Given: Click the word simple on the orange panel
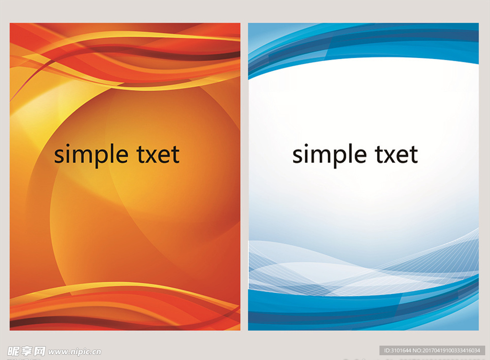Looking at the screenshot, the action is coord(91,155).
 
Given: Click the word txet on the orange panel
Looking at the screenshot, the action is coord(158,154).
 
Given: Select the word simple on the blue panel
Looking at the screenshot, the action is coord(329,155).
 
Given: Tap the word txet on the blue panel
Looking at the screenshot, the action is coord(397,154).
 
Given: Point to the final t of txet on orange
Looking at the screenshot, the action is coord(175,155).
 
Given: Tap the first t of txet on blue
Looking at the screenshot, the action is coord(379,155).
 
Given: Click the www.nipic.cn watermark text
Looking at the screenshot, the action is coord(75,352).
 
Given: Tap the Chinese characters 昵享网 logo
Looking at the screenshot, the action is coord(26,351).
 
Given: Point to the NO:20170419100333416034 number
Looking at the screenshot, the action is coord(446,350).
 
